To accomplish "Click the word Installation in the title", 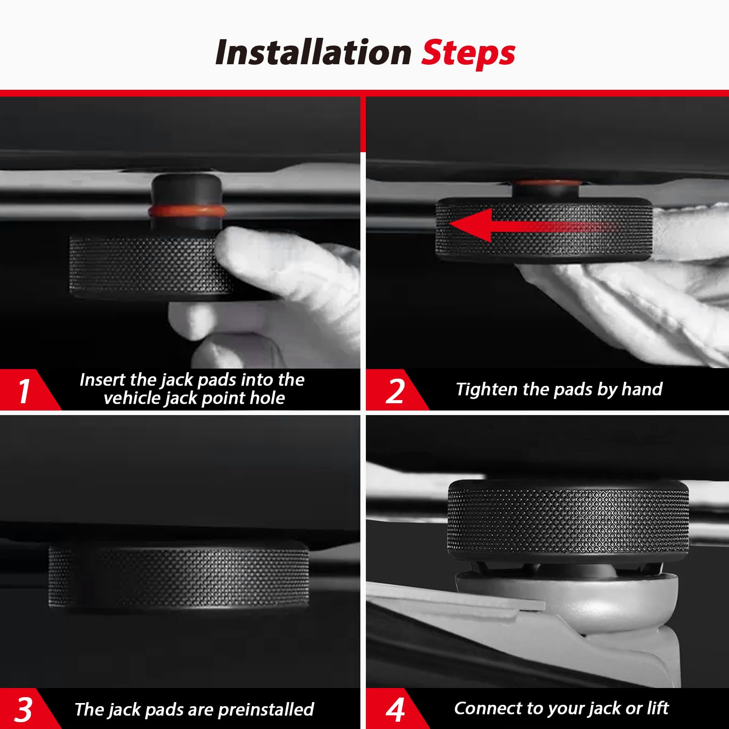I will click(313, 52).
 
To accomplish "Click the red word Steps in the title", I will click(468, 53).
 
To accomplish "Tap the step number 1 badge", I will click(24, 390).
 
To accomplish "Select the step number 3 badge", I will click(24, 709).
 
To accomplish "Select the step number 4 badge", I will click(395, 709).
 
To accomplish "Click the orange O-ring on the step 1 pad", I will click(186, 211).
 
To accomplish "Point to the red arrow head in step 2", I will click(472, 224).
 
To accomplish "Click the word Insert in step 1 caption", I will click(102, 380).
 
